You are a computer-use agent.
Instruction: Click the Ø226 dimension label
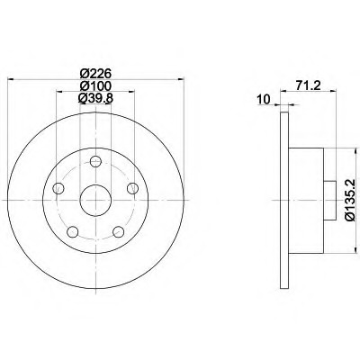95,73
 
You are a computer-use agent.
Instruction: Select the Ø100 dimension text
95,85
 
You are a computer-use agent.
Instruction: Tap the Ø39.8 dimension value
95,98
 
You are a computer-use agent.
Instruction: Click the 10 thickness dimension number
264,99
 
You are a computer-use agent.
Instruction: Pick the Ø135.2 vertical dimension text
350,200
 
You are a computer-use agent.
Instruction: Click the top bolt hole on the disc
95,161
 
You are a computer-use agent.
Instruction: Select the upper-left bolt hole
58,189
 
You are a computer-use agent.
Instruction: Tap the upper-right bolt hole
132,189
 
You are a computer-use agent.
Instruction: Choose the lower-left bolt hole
73,232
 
